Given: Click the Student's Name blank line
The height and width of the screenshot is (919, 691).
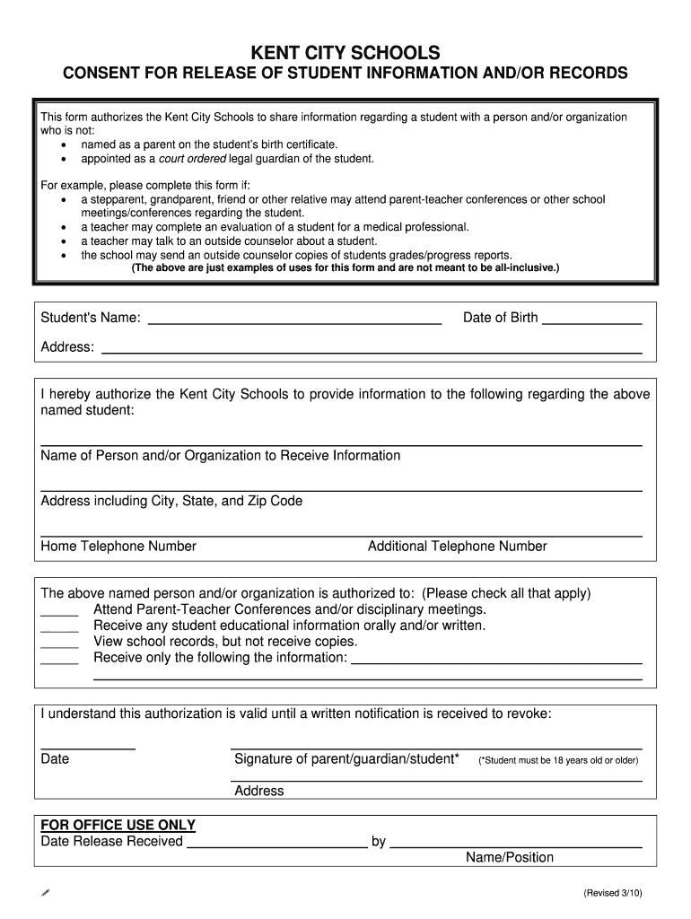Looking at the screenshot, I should point(294,320).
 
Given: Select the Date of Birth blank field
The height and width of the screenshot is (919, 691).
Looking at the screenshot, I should point(592,320).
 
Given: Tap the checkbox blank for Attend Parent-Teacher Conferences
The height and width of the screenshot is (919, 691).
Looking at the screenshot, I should point(59,612).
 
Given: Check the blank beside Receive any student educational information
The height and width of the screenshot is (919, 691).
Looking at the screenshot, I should point(59,628).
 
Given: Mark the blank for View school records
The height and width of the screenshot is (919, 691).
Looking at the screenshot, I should point(59,644).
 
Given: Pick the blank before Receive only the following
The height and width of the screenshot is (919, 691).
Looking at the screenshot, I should point(59,661).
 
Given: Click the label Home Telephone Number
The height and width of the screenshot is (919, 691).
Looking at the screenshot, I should point(118,547).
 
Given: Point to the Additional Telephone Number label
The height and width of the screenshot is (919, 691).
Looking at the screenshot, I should point(457,547).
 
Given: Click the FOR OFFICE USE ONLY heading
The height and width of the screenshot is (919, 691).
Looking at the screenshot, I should point(118,826).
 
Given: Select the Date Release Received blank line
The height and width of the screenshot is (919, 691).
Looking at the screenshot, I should point(276,845).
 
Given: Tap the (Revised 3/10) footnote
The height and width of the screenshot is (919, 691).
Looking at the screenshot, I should point(612,894).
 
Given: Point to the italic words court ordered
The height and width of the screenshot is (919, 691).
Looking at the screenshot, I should point(192,159).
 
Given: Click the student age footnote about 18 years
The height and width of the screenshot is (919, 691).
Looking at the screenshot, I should point(558,760).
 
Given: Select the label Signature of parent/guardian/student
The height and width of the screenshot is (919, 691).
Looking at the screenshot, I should point(346,759).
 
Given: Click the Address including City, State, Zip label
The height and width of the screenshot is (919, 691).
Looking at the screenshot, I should point(171,501).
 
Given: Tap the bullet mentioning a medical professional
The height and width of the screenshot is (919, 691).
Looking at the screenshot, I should point(275,227).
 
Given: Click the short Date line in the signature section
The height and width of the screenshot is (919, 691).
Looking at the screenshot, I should point(88,747).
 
